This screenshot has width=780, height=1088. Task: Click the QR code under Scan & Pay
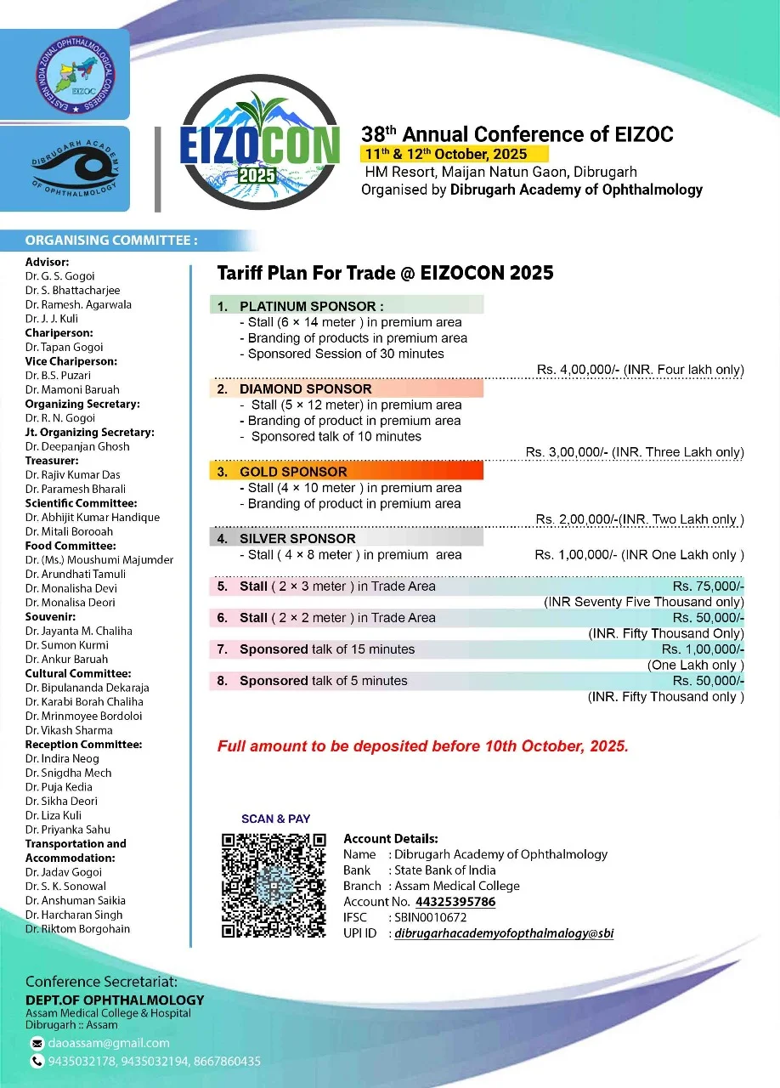(274, 884)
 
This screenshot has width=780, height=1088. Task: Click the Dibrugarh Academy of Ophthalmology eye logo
(65, 168)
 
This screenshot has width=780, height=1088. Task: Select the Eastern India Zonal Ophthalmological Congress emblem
(65, 74)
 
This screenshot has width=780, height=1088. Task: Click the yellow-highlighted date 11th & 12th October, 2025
(455, 154)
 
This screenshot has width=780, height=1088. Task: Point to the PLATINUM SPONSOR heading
(311, 306)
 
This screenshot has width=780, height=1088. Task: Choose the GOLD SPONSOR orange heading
(293, 472)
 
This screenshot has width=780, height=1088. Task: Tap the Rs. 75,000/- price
(708, 586)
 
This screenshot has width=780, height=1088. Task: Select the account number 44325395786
(455, 902)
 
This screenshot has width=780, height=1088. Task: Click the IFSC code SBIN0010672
(430, 918)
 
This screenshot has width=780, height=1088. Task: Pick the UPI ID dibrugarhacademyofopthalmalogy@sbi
(504, 933)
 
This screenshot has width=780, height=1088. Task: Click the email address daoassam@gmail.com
(109, 1043)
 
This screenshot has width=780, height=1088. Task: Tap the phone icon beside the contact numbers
(37, 1062)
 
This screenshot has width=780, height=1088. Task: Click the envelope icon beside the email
(37, 1043)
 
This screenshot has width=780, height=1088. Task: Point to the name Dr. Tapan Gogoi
(65, 347)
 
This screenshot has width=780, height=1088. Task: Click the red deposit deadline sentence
(423, 747)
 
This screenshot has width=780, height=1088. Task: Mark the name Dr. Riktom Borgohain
(78, 929)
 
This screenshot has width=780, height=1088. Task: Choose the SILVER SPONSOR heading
(297, 538)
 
